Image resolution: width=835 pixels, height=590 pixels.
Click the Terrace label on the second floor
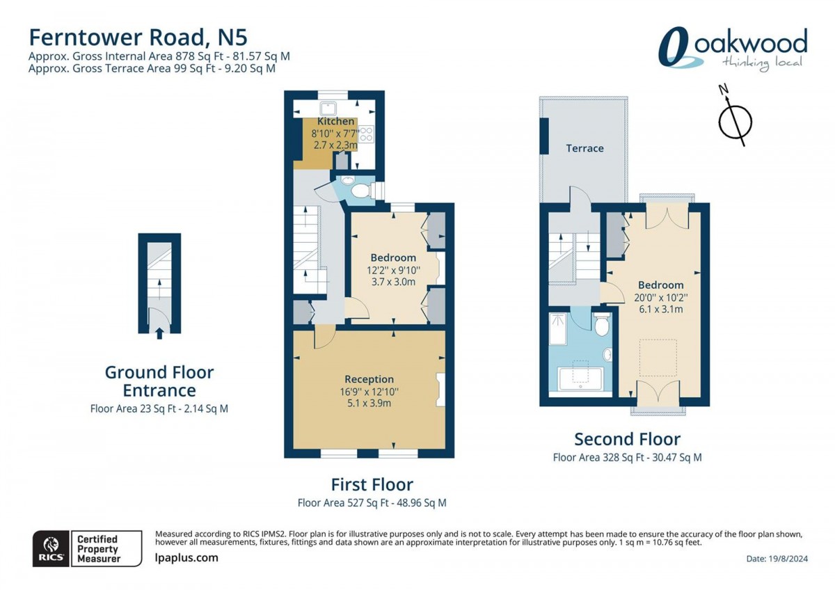584,148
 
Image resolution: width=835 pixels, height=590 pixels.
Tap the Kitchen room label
335,121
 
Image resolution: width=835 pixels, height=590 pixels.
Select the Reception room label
369,379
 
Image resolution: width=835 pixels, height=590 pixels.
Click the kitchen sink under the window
328,109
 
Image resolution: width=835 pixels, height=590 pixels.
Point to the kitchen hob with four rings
367,134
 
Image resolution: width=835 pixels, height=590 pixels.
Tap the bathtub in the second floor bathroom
580,379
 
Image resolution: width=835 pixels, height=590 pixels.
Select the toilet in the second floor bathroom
602,324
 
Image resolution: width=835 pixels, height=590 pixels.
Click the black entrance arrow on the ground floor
159,333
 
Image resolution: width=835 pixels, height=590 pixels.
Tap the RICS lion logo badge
51,549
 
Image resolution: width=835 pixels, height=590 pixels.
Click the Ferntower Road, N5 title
138,38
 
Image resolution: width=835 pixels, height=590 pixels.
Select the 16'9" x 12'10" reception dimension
369,392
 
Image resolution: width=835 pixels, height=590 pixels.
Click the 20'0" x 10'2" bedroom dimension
661,297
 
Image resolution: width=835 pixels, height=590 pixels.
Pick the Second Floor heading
628,439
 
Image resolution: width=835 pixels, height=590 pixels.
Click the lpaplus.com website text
186,558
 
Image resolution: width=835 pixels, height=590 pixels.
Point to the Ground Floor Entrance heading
159,381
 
